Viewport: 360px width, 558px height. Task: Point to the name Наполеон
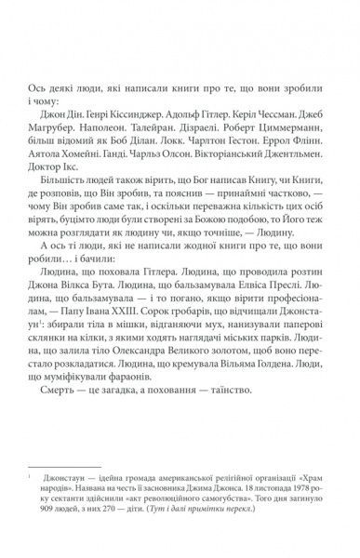tap(111, 153)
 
